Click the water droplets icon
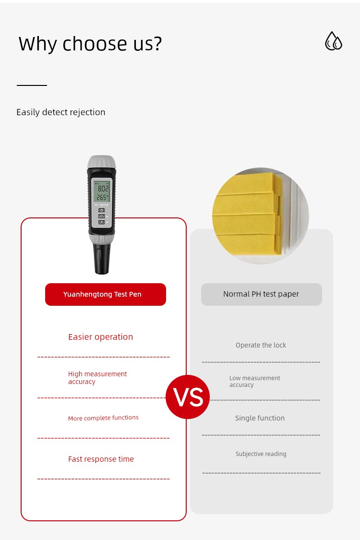tap(334, 41)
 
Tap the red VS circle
tap(188, 397)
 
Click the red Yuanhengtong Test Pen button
tap(106, 294)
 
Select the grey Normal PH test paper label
tap(262, 294)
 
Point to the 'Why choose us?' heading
tap(90, 44)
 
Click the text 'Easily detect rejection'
tap(60, 112)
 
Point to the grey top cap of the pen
tap(101, 162)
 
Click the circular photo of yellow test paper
tap(261, 216)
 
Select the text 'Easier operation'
tap(101, 337)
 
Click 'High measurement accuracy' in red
tap(97, 378)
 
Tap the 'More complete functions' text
tap(103, 418)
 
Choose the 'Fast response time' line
tap(101, 459)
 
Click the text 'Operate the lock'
tap(261, 345)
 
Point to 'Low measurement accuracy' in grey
tap(255, 381)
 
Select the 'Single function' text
tap(260, 418)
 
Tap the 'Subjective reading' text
tap(261, 454)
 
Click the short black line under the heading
tap(32, 85)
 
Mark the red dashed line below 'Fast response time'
tap(103, 479)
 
